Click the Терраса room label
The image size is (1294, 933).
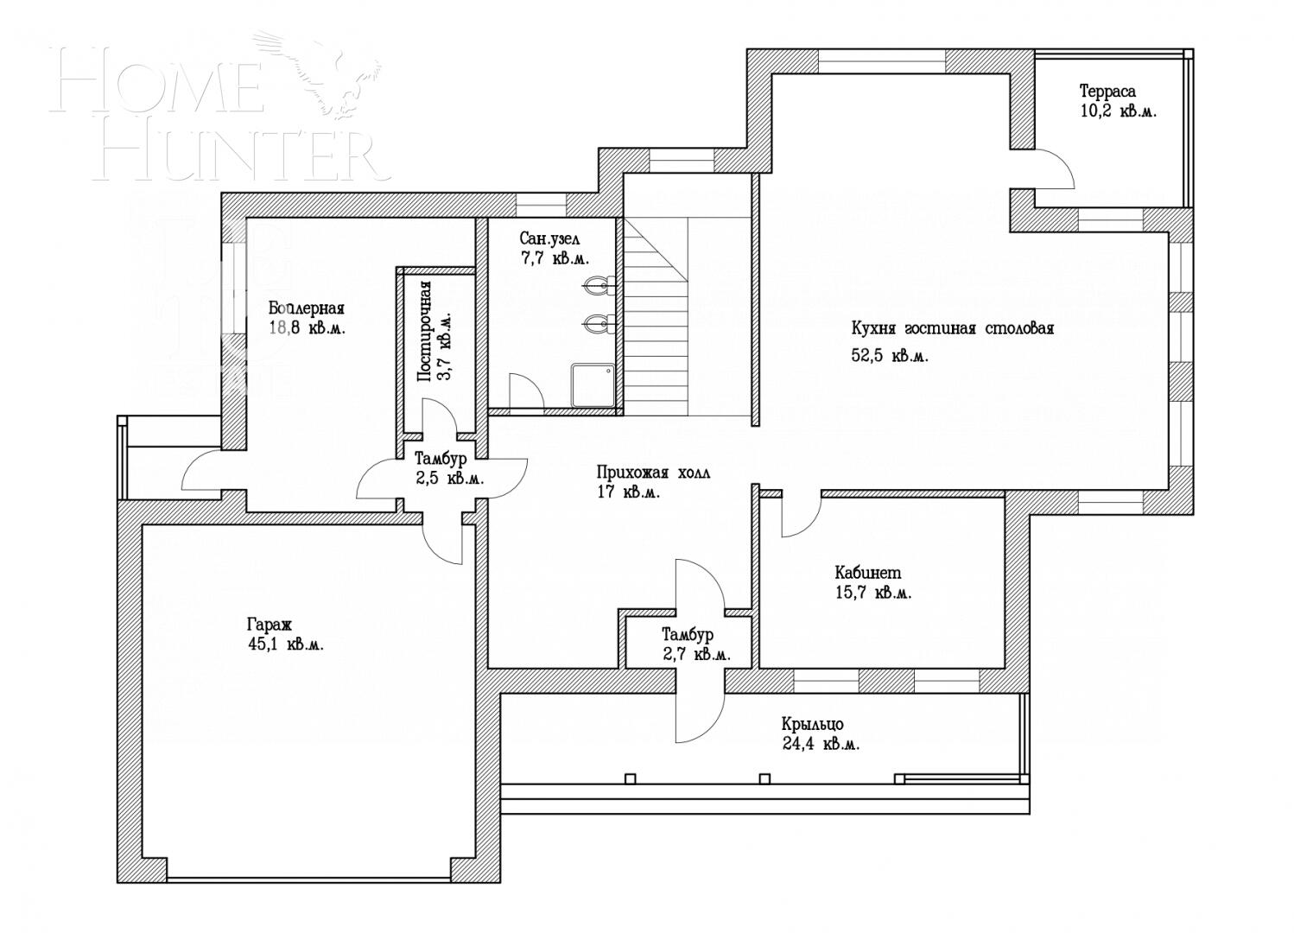point(1107,91)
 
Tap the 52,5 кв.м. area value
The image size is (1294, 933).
point(890,356)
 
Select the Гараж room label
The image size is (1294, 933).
point(270,624)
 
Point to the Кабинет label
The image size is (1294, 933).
point(867,572)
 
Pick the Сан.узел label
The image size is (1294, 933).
point(549,238)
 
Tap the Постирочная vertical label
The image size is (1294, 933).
point(424,331)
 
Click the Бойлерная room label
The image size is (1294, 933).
point(306,308)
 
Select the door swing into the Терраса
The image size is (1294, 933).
point(1055,170)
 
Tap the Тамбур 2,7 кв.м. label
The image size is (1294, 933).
point(688,635)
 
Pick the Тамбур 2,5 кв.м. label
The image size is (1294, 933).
point(441,459)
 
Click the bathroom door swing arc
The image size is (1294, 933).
point(525,391)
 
